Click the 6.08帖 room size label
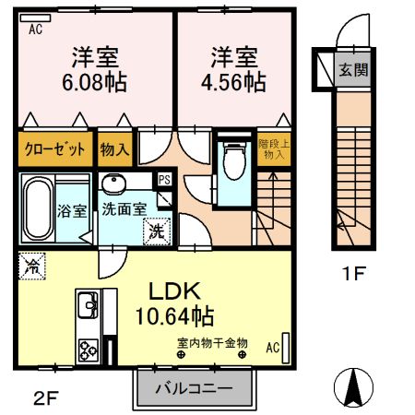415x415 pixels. [x=96, y=81]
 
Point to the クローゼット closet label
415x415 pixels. [x=54, y=148]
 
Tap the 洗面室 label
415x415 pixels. [x=124, y=209]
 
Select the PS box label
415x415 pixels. [x=164, y=180]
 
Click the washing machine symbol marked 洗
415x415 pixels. [x=156, y=231]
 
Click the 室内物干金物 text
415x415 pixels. [x=213, y=343]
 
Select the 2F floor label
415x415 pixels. [x=45, y=398]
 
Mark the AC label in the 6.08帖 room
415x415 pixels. [x=36, y=29]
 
